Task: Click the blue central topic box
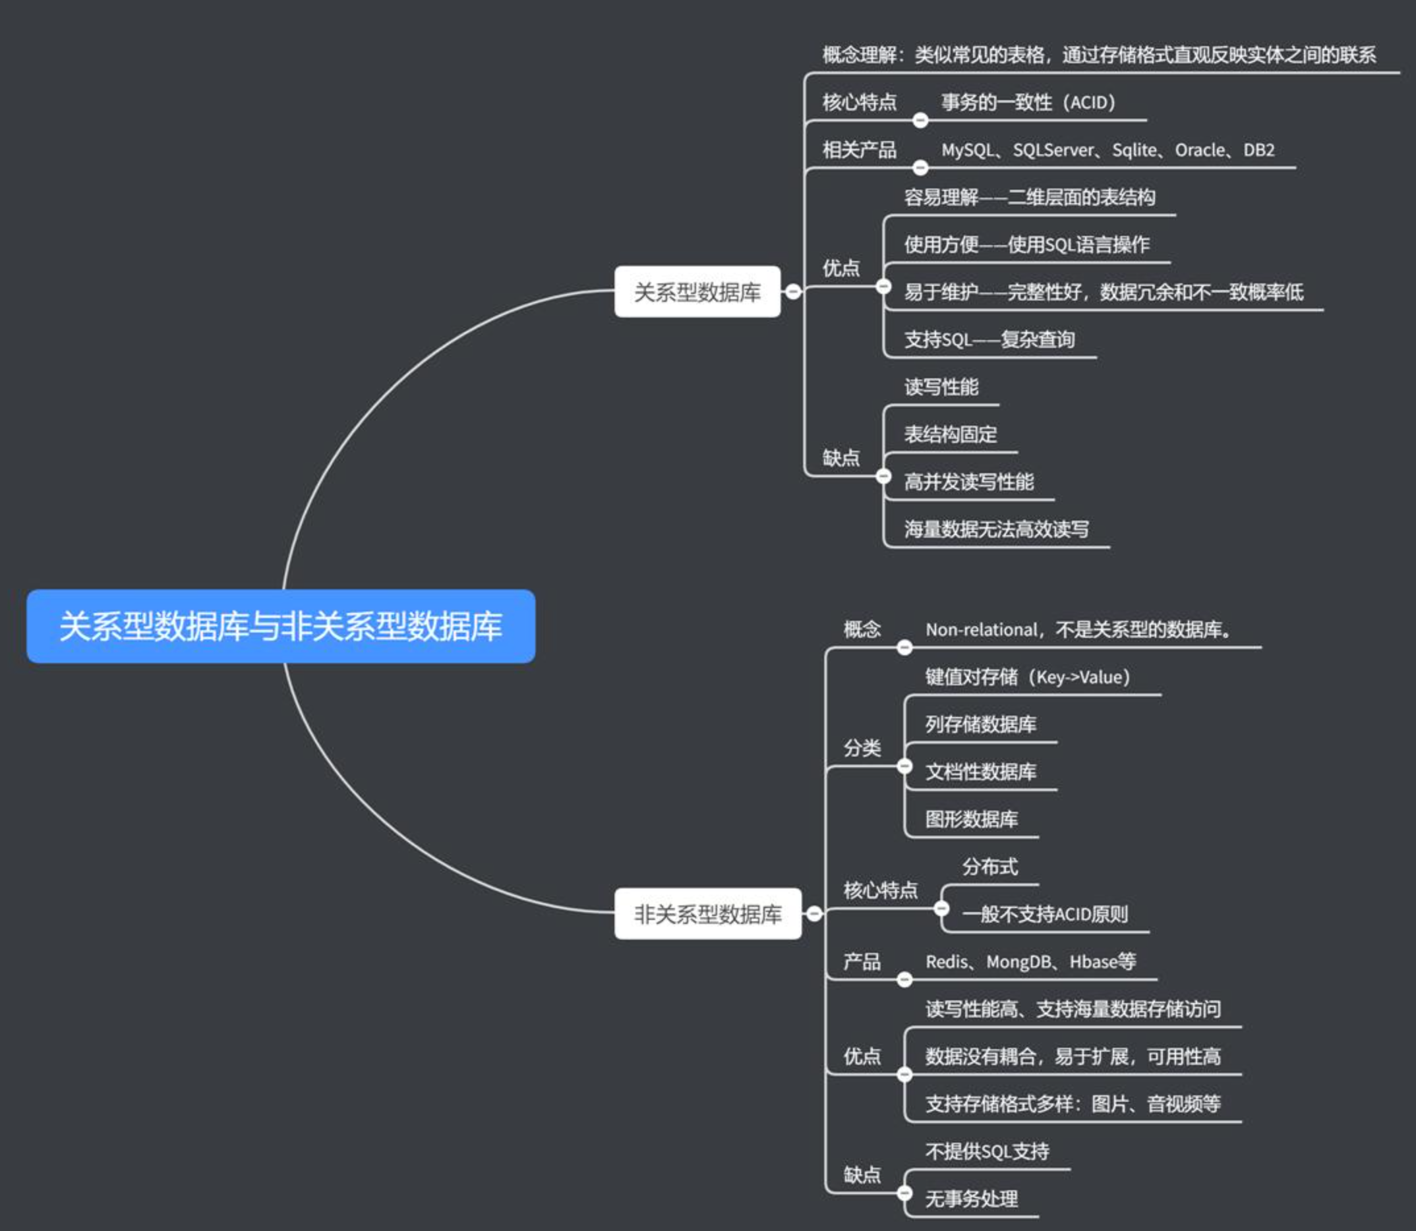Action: tap(280, 626)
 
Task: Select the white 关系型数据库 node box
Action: tap(697, 292)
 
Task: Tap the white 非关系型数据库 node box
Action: tap(707, 913)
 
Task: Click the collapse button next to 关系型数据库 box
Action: tap(793, 291)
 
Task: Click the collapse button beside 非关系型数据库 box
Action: tap(814, 913)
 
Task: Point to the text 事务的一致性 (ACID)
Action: tap(1028, 102)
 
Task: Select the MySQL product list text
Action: tap(1107, 150)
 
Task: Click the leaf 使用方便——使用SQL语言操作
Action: tap(1026, 244)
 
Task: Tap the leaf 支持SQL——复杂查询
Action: tap(989, 339)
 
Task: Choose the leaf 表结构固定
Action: tap(950, 434)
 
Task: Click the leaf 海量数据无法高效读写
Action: tap(996, 529)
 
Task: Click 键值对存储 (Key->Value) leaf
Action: tap(1027, 677)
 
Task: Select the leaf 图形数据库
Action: tap(972, 819)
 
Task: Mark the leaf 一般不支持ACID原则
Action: tap(1044, 913)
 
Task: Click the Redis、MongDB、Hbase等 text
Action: tap(1030, 961)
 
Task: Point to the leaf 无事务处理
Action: tap(972, 1199)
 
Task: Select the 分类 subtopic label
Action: tap(862, 747)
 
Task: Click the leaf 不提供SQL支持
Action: tap(987, 1151)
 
